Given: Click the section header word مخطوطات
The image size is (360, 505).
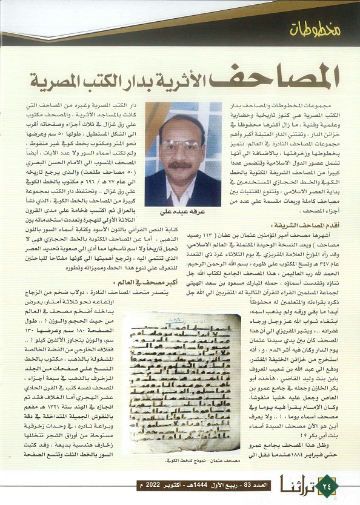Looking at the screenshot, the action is tap(315, 28).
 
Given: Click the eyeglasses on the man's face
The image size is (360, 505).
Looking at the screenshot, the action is tap(181, 146).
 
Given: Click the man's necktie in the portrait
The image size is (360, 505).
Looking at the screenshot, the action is tap(182, 196).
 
